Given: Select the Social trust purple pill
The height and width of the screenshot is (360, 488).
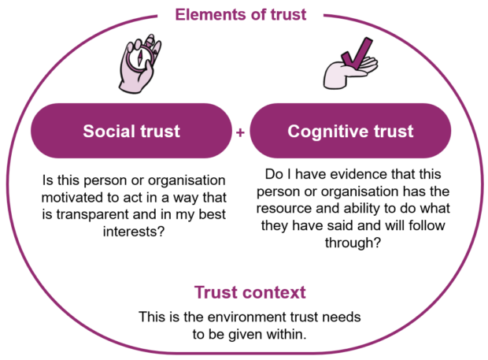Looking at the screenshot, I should coord(131,131).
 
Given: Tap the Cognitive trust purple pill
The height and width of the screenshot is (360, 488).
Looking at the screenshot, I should coord(350,131).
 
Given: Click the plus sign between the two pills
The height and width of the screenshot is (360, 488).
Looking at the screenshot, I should coord(241,132).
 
